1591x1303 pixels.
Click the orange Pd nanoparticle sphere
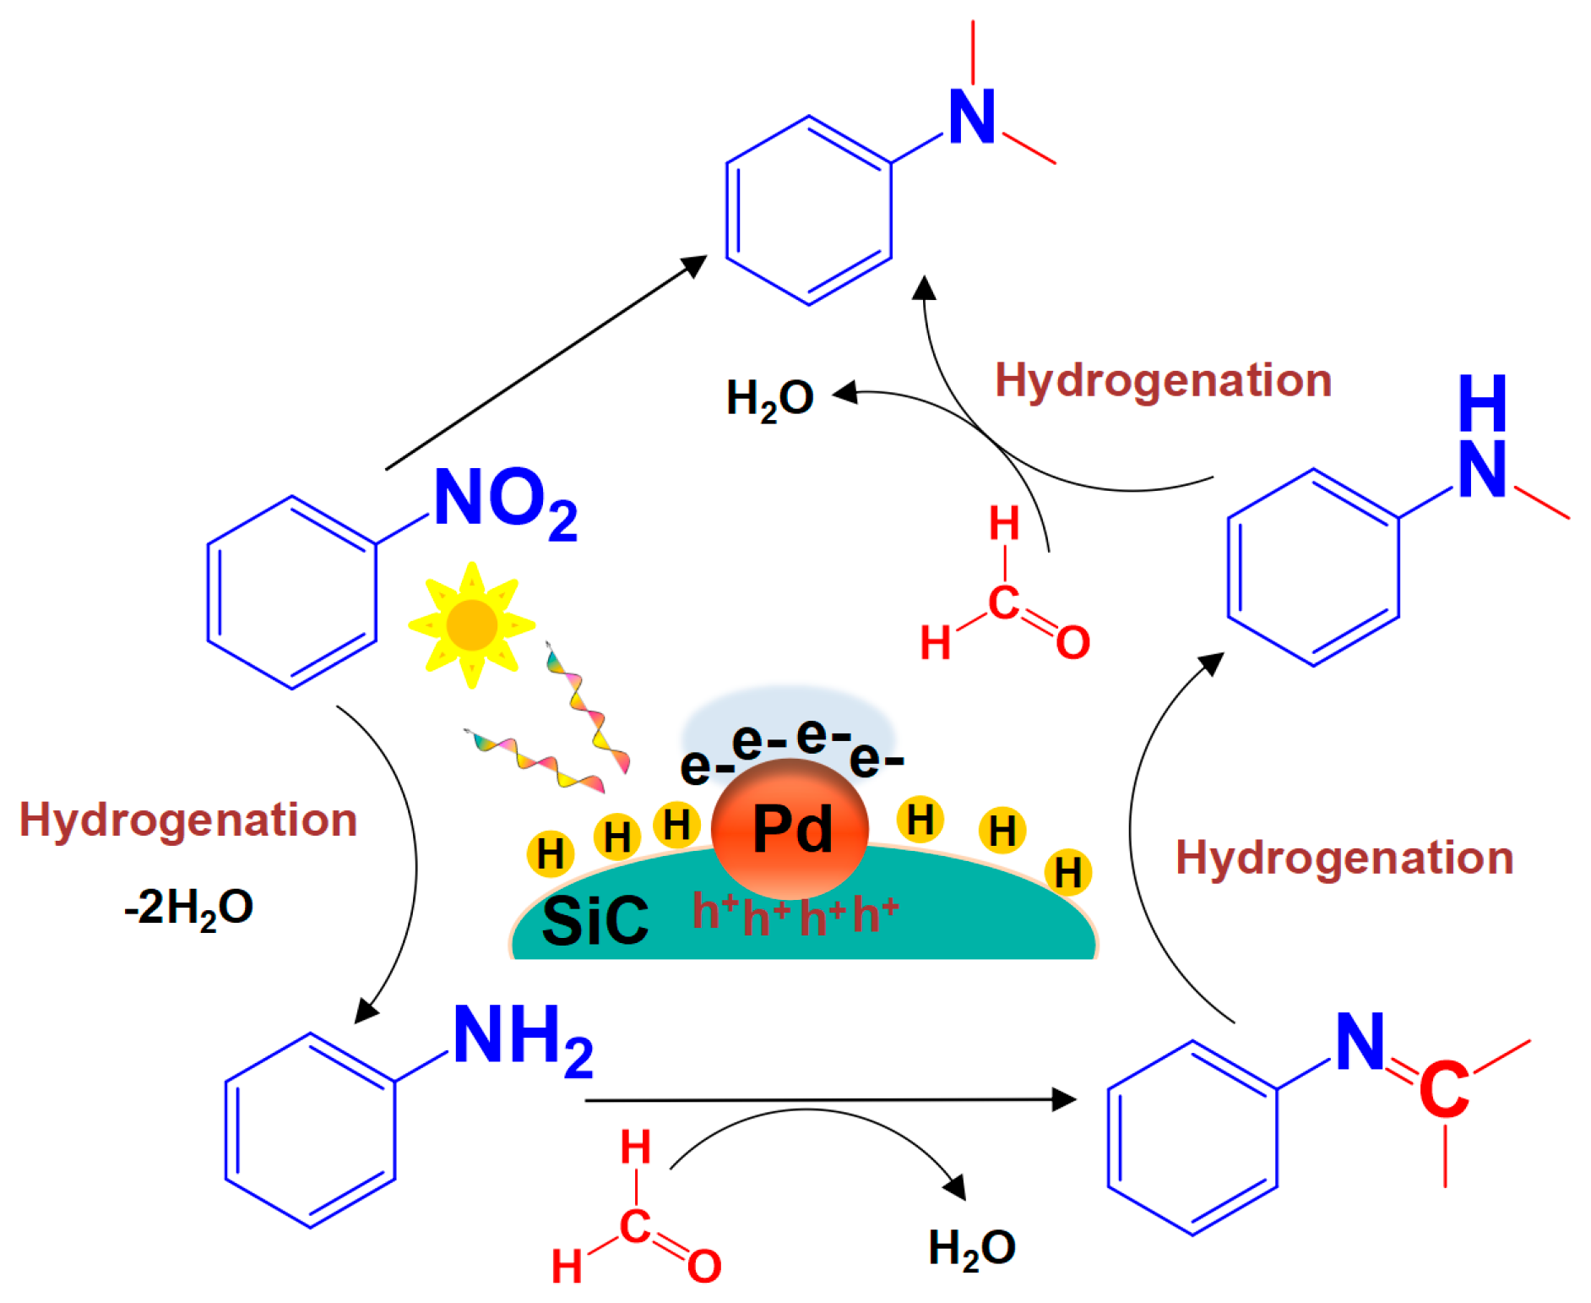[x=790, y=829]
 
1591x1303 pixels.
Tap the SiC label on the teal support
[x=595, y=920]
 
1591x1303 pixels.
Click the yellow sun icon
[x=471, y=624]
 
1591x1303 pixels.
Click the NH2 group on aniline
[x=523, y=1039]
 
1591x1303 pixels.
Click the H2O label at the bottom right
[x=971, y=1248]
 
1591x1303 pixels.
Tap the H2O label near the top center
[x=769, y=398]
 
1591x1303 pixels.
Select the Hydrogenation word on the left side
[x=188, y=820]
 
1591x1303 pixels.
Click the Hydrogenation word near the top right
[x=1163, y=380]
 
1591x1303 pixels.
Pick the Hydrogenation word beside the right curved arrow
[x=1344, y=858]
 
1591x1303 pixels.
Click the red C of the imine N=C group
[x=1443, y=1090]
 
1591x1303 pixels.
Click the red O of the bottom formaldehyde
[x=703, y=1266]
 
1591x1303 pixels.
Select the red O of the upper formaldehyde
[x=1072, y=642]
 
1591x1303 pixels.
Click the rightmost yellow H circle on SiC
[x=1067, y=872]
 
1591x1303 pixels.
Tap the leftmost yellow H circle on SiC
[x=550, y=853]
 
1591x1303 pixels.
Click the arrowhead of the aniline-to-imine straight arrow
[x=1066, y=1099]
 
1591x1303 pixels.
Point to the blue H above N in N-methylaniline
[x=1482, y=403]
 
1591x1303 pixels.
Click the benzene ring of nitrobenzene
[x=291, y=592]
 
